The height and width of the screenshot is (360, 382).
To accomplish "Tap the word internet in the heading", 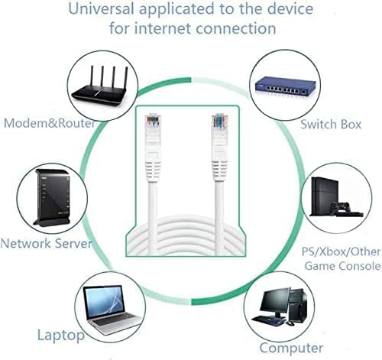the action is (163, 28).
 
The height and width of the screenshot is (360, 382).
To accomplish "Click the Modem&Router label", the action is (50, 123).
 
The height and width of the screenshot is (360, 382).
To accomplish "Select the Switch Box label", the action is (331, 125).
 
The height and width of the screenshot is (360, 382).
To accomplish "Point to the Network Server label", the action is (46, 243).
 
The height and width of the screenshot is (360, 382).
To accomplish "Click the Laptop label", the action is (61, 336).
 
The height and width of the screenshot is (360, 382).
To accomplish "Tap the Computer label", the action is (291, 348).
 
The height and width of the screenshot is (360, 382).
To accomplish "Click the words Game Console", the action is (342, 266).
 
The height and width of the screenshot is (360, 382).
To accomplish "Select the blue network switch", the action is (286, 86).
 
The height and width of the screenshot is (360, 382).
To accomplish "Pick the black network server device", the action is (52, 198).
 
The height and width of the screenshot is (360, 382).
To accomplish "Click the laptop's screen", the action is (104, 302).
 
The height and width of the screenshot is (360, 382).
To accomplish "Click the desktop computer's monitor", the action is (274, 303).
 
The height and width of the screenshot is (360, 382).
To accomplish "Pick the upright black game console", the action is (324, 196).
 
